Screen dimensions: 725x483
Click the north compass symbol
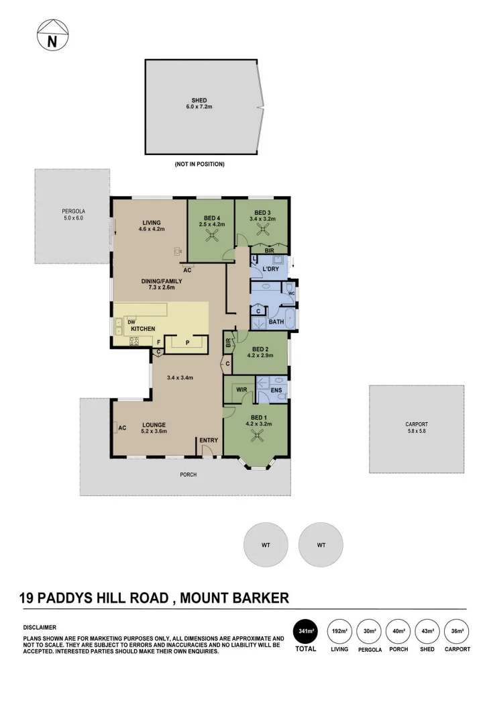52,35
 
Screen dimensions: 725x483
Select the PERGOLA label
74,211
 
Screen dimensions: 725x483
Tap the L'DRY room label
270,269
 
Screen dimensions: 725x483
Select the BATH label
276,322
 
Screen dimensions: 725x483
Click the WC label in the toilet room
290,293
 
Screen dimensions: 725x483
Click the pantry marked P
187,342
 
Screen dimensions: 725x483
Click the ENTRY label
208,440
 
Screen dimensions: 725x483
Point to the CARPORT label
416,424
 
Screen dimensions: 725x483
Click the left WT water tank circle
266,545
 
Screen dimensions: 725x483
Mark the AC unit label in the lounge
123,428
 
